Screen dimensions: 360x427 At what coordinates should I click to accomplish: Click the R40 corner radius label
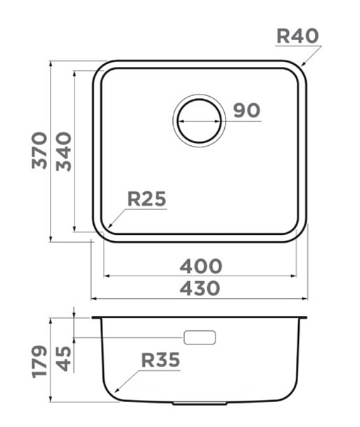[x=297, y=36]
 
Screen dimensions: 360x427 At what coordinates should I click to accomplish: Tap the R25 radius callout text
[x=147, y=199]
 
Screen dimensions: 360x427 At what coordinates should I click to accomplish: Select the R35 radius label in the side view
[x=161, y=360]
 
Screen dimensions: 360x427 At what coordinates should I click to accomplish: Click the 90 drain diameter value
[x=247, y=110]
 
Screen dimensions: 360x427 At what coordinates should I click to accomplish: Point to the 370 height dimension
[x=39, y=151]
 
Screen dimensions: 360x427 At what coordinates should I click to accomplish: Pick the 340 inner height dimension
[x=64, y=152]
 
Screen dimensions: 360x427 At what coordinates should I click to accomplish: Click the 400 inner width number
[x=201, y=266]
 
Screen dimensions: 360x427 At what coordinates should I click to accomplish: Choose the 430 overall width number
[x=200, y=289]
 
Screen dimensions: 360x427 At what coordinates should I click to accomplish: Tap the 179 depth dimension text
[x=39, y=362]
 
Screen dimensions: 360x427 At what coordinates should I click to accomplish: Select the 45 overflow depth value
[x=64, y=359]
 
